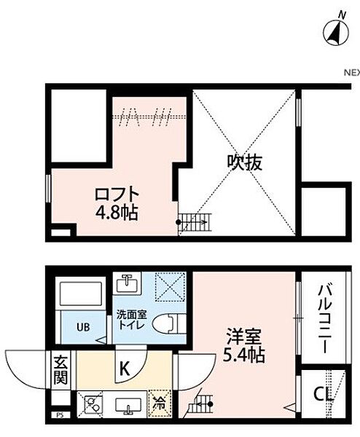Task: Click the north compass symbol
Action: [x=334, y=30]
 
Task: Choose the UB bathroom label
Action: [x=85, y=326]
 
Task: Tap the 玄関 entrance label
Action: [x=61, y=369]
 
